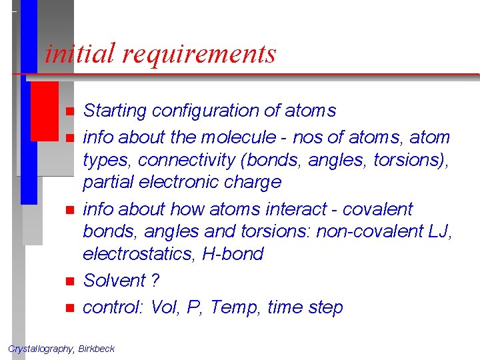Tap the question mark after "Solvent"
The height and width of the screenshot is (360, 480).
point(155,281)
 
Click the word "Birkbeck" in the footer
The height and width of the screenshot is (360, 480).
point(97,349)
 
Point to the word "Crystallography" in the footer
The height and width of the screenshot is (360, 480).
point(41,349)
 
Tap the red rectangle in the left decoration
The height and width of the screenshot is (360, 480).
point(45,110)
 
